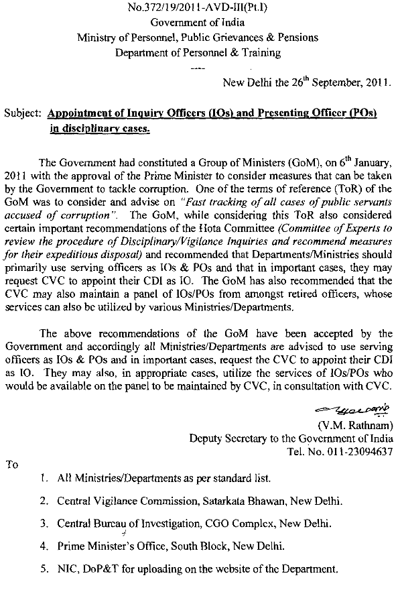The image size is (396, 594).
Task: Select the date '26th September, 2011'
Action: pos(334,84)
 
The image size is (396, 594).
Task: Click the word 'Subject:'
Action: pos(22,114)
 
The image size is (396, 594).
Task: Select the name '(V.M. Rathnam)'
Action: pos(354,424)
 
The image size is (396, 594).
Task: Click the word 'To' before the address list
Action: pos(11,464)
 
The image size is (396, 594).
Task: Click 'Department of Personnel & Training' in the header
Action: pos(198,52)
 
